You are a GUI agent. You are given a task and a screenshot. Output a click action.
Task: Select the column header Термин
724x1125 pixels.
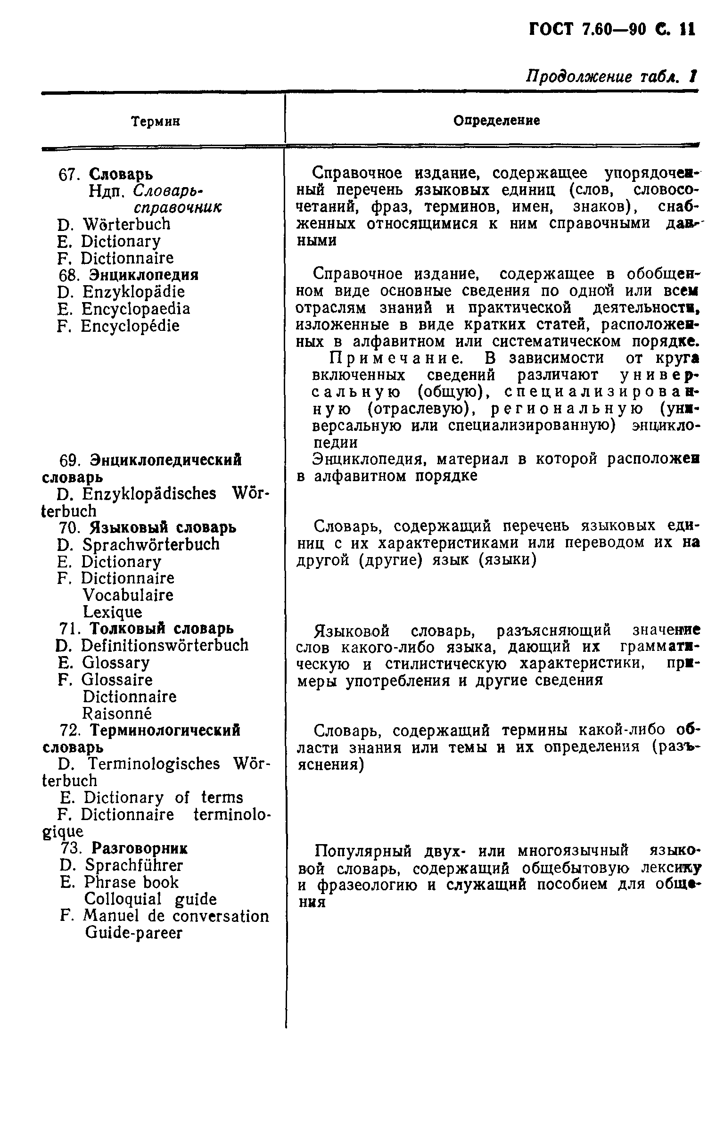(155, 122)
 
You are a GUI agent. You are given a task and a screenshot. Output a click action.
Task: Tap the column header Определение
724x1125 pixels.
(496, 121)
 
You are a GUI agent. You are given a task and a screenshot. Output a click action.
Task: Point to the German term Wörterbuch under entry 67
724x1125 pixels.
(126, 224)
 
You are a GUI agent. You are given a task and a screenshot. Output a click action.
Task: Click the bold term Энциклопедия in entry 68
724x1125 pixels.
(144, 275)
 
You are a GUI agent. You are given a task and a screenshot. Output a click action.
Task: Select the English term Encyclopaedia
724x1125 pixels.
(136, 309)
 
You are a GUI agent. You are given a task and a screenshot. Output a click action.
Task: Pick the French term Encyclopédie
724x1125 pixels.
(130, 326)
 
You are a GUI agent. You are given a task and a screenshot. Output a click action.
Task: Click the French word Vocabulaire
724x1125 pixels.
(128, 596)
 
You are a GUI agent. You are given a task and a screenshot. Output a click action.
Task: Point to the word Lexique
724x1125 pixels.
(112, 613)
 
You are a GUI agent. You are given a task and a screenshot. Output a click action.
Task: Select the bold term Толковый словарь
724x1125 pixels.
(161, 629)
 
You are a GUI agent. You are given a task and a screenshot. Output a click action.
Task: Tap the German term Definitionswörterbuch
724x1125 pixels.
(165, 646)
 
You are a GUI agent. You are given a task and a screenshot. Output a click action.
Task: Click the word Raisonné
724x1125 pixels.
(117, 714)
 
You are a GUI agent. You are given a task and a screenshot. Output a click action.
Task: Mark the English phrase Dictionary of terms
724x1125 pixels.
(163, 798)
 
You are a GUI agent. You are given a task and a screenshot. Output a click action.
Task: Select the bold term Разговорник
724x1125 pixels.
(139, 849)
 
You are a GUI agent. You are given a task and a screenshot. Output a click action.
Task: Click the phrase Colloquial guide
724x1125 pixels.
(150, 899)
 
